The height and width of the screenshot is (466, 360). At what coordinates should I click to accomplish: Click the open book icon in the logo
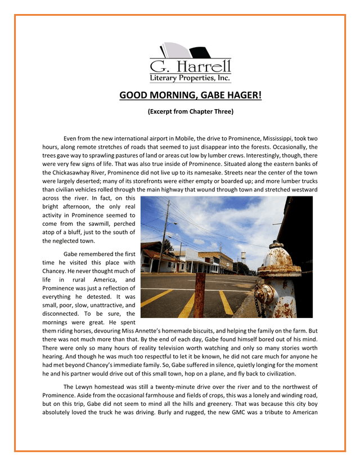point(181,51)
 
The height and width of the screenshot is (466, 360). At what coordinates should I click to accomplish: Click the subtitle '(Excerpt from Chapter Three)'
point(190,111)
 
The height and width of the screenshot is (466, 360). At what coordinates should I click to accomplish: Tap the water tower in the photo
point(244,256)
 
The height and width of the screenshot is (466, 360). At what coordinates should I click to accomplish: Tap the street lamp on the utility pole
point(174,223)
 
